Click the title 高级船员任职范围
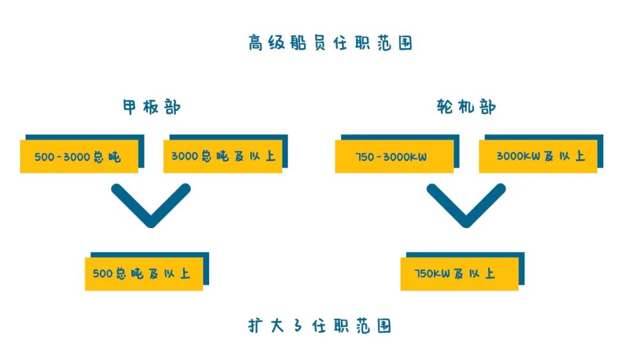pyautogui.click(x=330, y=43)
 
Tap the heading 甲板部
pyautogui.click(x=152, y=107)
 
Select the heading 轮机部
pyautogui.click(x=466, y=107)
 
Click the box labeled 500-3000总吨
pyautogui.click(x=79, y=156)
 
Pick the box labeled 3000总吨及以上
pyautogui.click(x=223, y=156)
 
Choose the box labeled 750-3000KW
pyautogui.click(x=394, y=156)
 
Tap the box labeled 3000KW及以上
pyautogui.click(x=538, y=156)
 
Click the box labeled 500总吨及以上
pyautogui.click(x=144, y=274)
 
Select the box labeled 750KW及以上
pyautogui.click(x=460, y=274)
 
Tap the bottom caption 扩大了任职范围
pyautogui.click(x=320, y=326)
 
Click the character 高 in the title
pyautogui.click(x=255, y=43)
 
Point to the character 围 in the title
pyautogui.click(x=405, y=43)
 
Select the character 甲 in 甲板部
pyautogui.click(x=130, y=107)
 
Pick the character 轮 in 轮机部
pyautogui.click(x=444, y=107)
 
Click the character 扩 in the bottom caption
pyautogui.click(x=256, y=326)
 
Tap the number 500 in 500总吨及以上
pyautogui.click(x=102, y=274)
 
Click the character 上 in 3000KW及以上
pyautogui.click(x=580, y=156)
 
